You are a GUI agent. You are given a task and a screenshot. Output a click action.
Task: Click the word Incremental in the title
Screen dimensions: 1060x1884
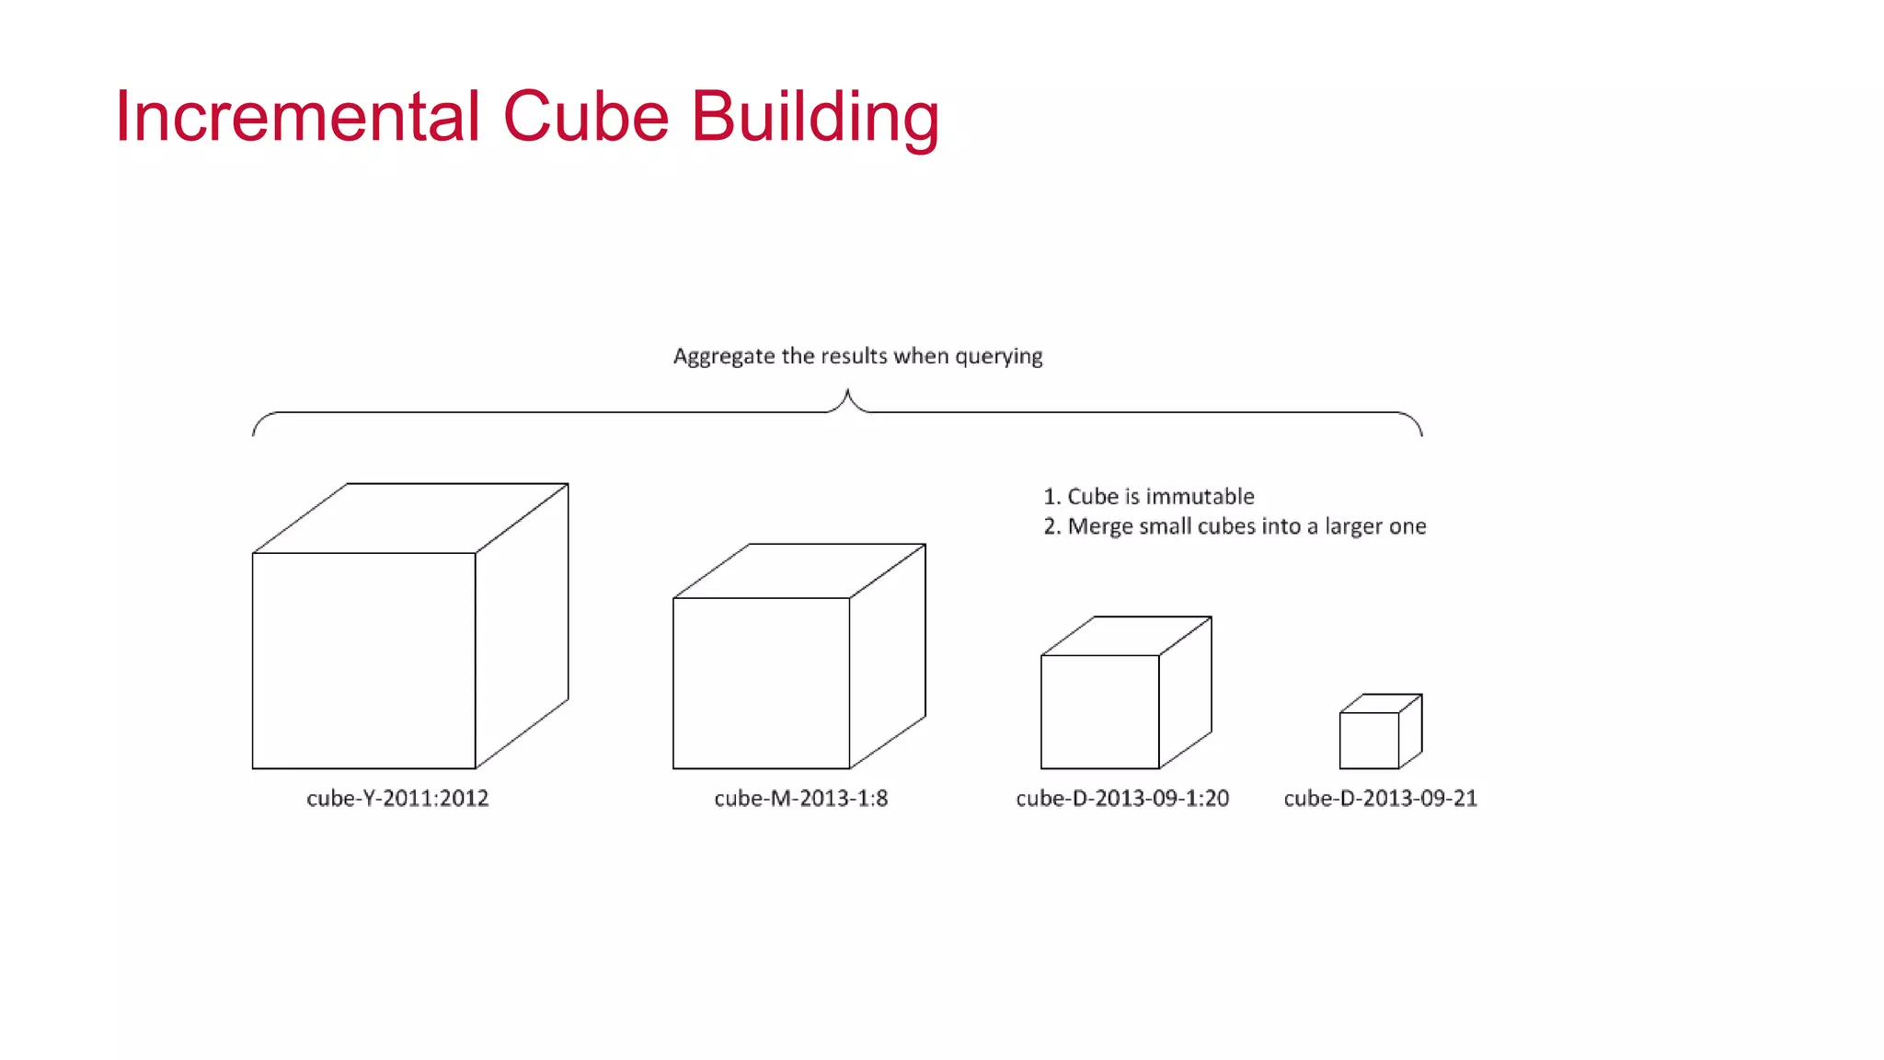297,117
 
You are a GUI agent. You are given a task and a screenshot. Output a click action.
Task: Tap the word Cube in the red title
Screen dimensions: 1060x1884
585,117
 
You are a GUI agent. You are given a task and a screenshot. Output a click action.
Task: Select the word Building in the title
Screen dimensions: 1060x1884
815,117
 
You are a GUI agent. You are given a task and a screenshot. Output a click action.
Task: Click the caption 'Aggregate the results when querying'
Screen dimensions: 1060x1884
857,356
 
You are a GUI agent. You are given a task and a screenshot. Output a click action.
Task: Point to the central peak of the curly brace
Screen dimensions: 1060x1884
847,394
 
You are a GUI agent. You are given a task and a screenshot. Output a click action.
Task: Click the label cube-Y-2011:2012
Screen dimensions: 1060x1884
397,798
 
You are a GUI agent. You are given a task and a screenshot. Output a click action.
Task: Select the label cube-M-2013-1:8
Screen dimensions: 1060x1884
800,798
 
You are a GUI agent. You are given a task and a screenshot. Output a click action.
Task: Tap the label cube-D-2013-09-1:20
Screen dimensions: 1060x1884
1122,798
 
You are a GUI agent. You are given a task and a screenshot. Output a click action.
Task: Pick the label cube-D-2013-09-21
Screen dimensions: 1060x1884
1380,798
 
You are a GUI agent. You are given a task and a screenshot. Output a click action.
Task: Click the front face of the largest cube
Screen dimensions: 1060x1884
363,660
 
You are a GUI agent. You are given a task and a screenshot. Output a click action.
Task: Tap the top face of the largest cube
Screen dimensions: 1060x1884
410,518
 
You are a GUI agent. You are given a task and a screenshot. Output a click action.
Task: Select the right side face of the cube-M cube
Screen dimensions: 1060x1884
888,655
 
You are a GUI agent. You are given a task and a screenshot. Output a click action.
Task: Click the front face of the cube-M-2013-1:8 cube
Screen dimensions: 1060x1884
761,683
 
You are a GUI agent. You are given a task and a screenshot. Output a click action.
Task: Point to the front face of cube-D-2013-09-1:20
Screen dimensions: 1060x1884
1099,711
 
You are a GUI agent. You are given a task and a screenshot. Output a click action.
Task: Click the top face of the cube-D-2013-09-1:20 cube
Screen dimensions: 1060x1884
1126,636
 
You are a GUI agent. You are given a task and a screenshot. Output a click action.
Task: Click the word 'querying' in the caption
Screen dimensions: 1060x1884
998,357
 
